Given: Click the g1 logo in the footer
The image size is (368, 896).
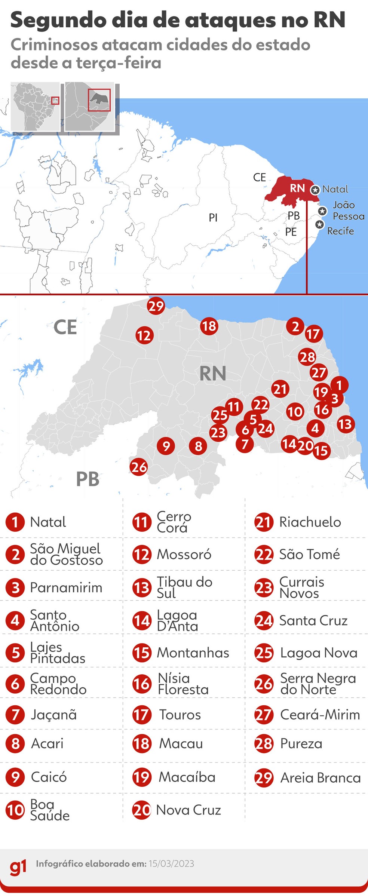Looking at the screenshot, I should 18,866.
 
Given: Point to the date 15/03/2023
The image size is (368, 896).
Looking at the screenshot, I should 171,863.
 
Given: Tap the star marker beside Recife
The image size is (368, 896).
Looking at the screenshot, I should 319,224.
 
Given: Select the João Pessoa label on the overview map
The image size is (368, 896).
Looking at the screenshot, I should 348,211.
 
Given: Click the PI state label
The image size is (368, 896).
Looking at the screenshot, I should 213,217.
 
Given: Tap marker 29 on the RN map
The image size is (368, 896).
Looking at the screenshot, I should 156,306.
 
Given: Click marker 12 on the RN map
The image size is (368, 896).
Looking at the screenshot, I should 144,335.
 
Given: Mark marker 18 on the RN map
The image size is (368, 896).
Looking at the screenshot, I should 209,326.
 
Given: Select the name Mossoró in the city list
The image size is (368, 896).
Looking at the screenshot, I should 184,554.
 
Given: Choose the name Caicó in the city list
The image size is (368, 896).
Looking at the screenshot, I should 49,777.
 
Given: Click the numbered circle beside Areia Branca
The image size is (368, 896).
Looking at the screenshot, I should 264,778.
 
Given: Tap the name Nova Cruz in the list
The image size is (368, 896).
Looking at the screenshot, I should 188,810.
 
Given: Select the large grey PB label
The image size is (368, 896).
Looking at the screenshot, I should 88,479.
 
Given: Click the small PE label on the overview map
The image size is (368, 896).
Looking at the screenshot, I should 291,232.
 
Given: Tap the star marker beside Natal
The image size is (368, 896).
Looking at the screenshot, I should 315,190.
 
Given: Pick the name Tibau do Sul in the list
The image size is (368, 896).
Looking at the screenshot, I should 184,587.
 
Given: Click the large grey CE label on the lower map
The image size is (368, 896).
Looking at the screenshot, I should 65,327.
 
